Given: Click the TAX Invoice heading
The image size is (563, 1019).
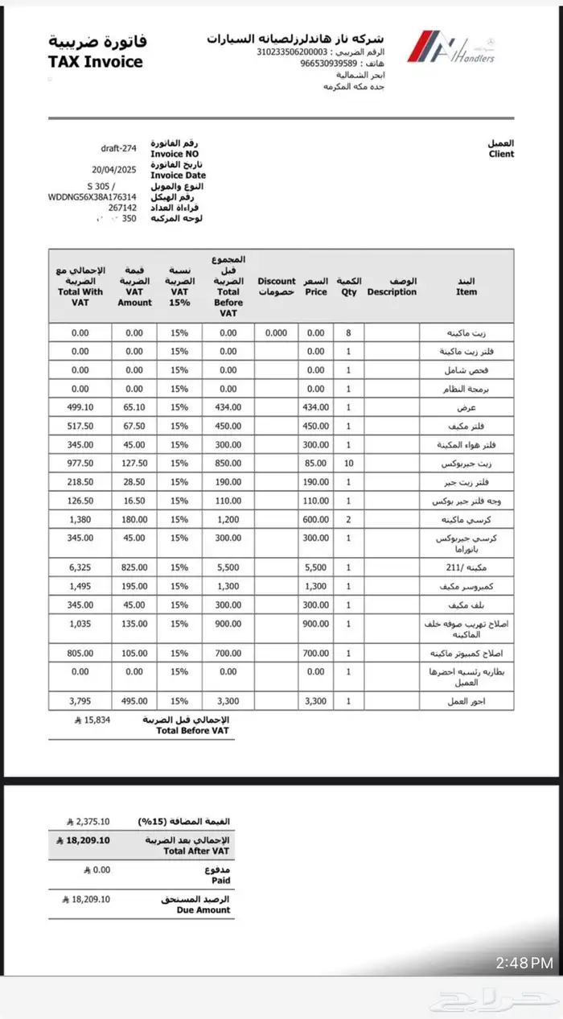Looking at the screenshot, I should [96, 62].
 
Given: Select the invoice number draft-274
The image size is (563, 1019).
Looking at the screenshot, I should [119, 148].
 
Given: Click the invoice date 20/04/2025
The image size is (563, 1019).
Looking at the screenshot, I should [115, 170].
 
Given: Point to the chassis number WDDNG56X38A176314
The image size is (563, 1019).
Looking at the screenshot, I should [92, 196].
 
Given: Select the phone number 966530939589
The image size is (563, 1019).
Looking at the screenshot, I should [329, 63].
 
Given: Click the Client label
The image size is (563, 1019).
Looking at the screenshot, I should [501, 154].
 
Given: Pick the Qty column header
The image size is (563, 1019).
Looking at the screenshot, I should [348, 287].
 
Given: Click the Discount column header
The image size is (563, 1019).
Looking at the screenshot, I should [277, 287].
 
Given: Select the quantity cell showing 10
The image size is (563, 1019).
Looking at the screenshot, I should [348, 463].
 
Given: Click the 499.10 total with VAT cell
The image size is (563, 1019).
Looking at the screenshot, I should [80, 407].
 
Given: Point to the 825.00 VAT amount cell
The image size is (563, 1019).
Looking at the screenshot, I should [134, 567].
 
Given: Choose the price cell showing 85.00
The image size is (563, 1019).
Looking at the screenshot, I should [316, 463].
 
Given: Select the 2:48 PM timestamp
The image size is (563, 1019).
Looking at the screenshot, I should [524, 963].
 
